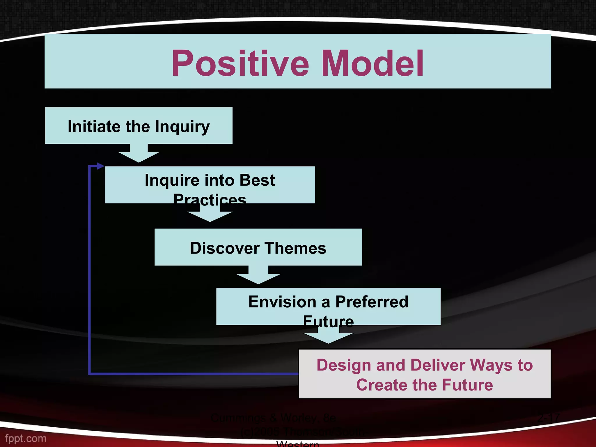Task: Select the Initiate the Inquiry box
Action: [x=139, y=125]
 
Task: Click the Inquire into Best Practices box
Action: [x=210, y=185]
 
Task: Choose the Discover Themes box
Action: [x=258, y=247]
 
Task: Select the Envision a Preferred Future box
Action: [x=328, y=306]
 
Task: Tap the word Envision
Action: [x=282, y=302]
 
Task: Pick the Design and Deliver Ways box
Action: [x=425, y=374]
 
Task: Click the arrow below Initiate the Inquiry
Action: [x=139, y=154]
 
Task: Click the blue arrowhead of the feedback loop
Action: [x=100, y=166]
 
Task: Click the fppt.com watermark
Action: [x=26, y=439]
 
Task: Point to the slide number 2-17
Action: [x=548, y=418]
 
